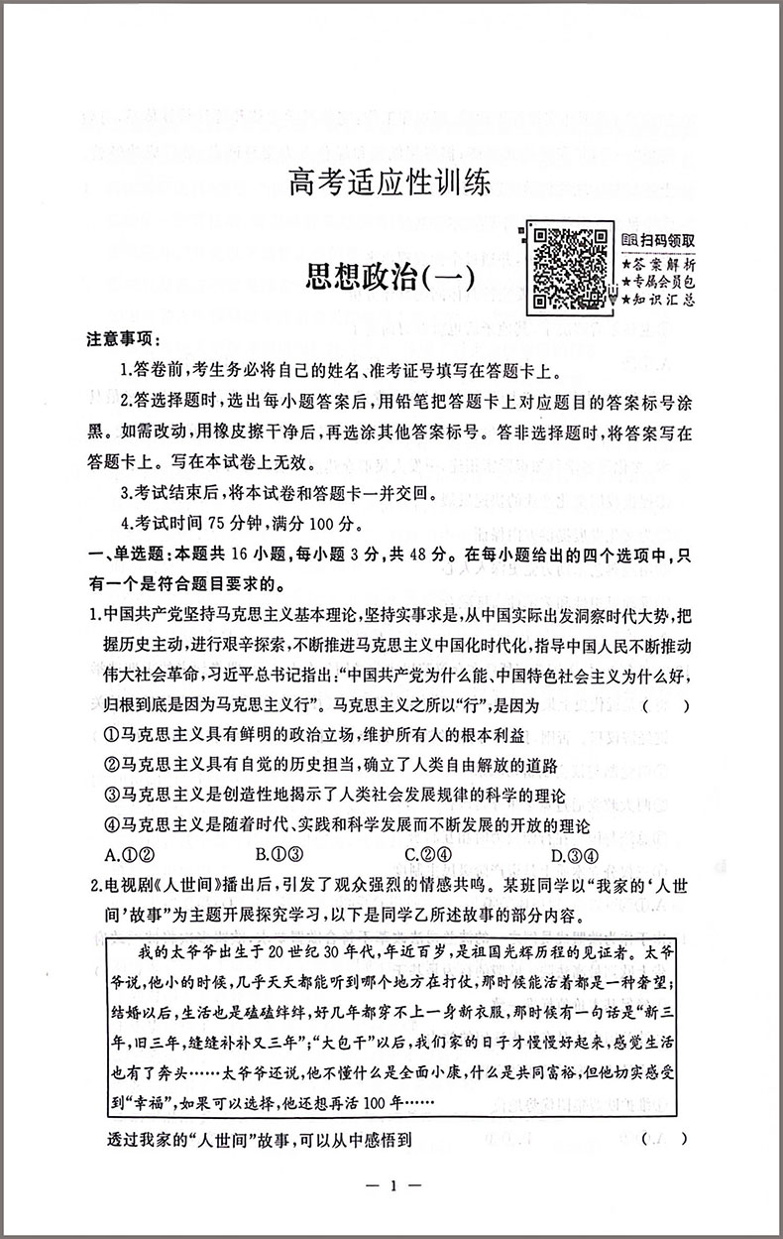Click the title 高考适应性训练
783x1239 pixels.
click(390, 184)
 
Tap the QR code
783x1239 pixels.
click(569, 268)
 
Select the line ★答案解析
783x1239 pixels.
click(659, 265)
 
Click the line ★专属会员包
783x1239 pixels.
click(659, 283)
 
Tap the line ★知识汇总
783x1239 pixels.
click(659, 300)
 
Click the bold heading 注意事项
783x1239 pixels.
click(126, 339)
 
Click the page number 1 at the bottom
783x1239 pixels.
click(393, 1186)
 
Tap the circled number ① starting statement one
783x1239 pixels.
click(111, 735)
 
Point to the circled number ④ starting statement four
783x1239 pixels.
click(111, 825)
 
